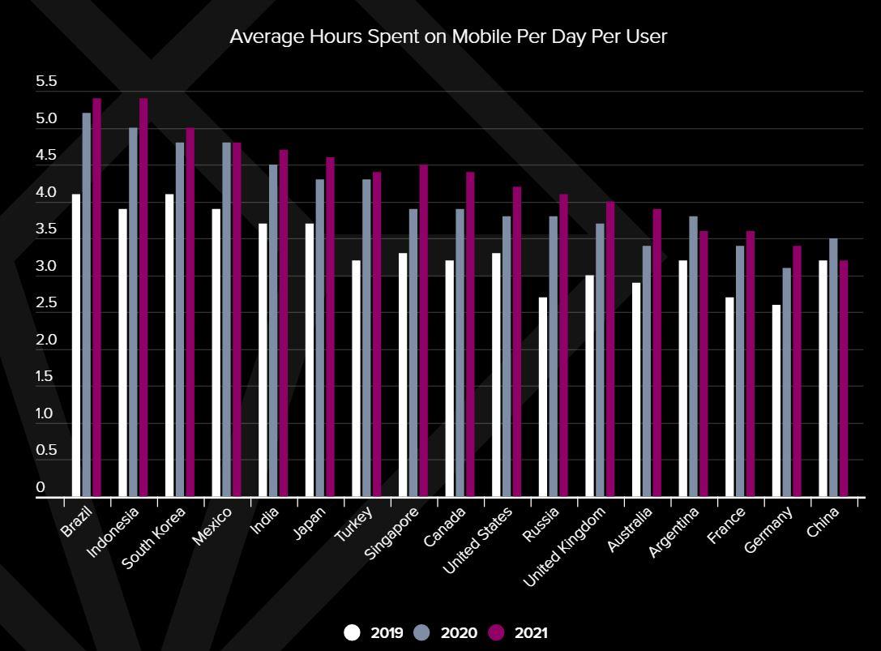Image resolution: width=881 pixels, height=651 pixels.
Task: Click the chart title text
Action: click(x=447, y=36)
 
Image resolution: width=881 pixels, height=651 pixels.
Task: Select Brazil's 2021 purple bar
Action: click(x=96, y=297)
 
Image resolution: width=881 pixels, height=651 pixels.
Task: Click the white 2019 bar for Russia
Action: click(x=543, y=396)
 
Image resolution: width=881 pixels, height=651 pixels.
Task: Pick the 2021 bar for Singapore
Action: click(x=423, y=330)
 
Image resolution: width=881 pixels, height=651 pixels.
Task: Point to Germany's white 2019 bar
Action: click(x=776, y=400)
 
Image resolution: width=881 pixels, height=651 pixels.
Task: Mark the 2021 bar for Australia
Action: click(x=656, y=353)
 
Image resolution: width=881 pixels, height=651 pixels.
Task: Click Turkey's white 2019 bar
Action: click(x=357, y=378)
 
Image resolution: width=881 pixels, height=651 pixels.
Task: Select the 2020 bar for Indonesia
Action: click(x=133, y=312)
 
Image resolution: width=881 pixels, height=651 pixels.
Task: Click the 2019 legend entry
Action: click(x=373, y=632)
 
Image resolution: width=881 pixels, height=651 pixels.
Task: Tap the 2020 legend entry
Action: click(x=445, y=632)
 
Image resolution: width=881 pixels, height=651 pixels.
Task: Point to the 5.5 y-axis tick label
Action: click(x=46, y=82)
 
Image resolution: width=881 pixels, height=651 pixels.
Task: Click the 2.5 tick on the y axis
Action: click(x=46, y=303)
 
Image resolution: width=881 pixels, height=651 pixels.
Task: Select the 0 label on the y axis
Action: click(x=41, y=488)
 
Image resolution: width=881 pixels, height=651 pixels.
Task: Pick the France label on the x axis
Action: click(x=727, y=525)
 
